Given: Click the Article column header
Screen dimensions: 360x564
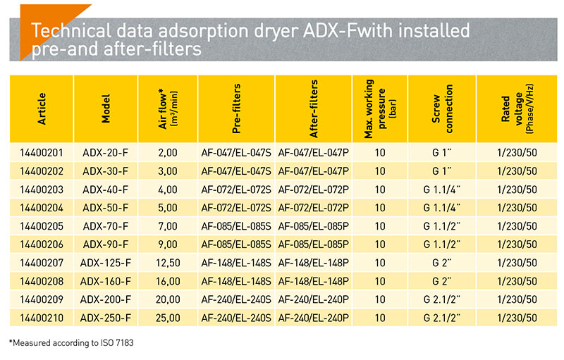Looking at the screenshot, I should (42, 109).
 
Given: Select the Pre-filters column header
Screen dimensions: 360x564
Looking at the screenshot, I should (237, 109).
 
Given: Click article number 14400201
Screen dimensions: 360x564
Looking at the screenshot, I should (42, 152).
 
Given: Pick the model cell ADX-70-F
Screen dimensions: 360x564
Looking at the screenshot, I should (106, 225).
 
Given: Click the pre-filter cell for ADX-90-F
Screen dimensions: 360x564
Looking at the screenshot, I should (236, 243).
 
